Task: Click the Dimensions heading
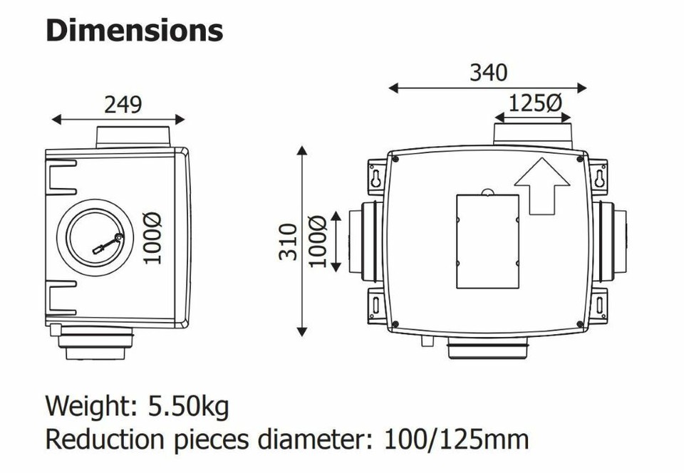coord(135,31)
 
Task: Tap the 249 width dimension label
coord(123,105)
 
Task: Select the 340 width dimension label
coord(488,73)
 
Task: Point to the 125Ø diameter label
coord(536,103)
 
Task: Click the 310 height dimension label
coord(288,241)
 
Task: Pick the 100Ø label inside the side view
coord(152,238)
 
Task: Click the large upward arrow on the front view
coord(542,186)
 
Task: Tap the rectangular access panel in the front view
coord(487,241)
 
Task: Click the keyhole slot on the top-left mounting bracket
coord(376,178)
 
